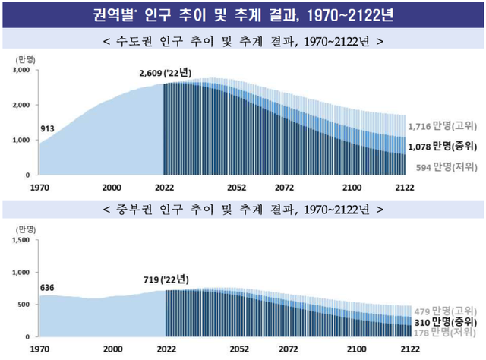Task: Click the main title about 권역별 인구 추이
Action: pos(243,13)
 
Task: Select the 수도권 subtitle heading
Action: pos(243,40)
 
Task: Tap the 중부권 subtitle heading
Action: pos(243,207)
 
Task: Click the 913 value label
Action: pos(48,128)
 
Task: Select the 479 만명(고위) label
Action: pos(445,311)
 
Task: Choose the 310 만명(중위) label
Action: pos(445,322)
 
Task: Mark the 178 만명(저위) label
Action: pos(445,333)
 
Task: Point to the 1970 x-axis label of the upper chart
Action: pos(40,187)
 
